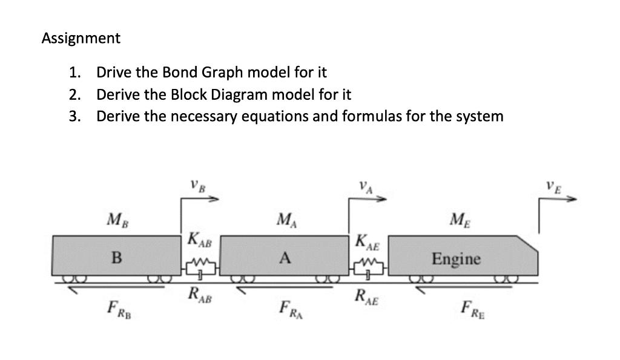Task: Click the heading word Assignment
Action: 81,39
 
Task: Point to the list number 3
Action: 74,116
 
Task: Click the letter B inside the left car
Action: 116,259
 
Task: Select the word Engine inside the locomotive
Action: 456,260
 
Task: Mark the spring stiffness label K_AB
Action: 200,239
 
